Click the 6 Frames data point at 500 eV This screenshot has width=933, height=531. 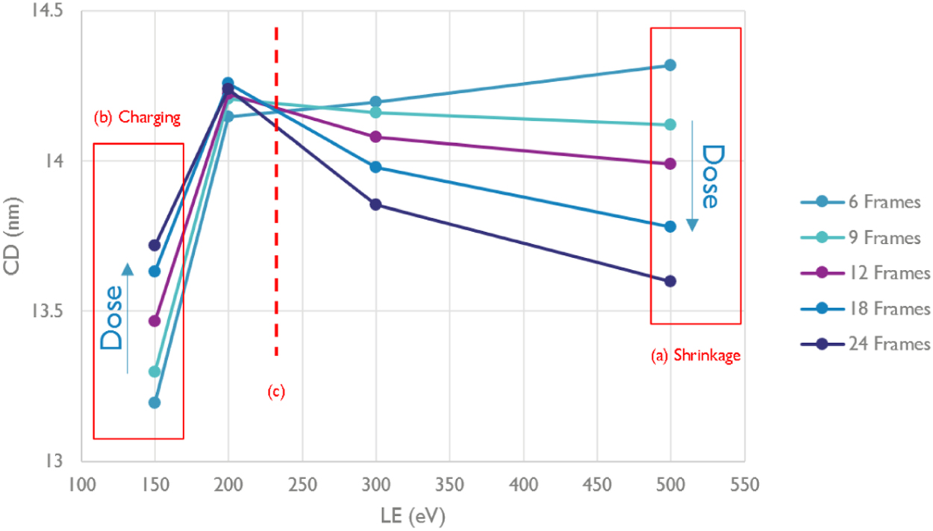coord(670,65)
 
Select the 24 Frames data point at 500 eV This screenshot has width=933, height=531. coord(670,281)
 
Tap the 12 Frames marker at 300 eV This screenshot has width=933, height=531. coord(375,136)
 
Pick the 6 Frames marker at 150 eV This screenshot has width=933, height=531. coord(155,403)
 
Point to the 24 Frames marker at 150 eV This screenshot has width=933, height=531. coord(155,245)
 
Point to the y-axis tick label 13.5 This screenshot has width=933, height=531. coord(47,311)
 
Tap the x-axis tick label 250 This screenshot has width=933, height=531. coord(302,485)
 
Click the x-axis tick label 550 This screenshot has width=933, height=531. coord(743,485)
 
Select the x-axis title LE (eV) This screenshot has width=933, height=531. coord(412,515)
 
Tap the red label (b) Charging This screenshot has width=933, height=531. coord(137,118)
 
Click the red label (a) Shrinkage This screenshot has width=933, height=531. coord(695,355)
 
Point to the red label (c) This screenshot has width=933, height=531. coord(276,391)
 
